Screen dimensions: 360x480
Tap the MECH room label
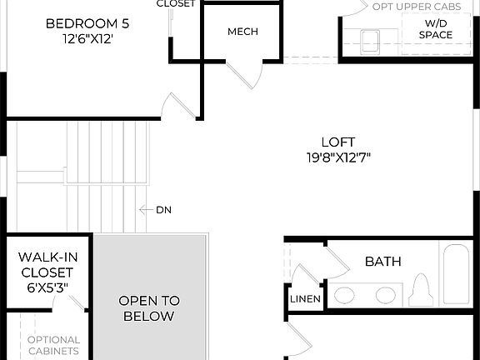242,32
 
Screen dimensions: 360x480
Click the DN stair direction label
163,209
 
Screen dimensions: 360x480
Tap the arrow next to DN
144,209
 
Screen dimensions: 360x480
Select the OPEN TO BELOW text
148,308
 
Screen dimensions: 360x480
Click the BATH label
382,262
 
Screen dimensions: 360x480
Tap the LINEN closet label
303,299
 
